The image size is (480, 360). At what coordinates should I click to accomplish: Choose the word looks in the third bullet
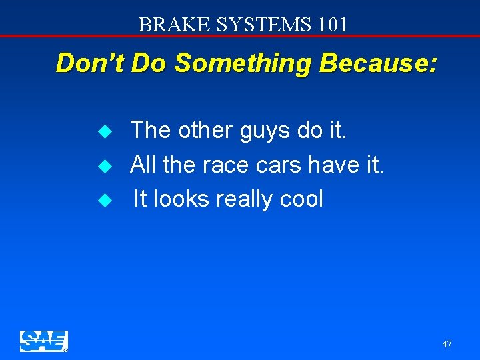pyautogui.click(x=177, y=199)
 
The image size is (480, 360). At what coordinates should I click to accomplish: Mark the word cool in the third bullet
pyautogui.click(x=303, y=199)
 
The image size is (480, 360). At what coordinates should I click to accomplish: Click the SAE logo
pyautogui.click(x=43, y=341)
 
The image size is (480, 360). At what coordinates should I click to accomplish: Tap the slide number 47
pyautogui.click(x=447, y=344)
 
